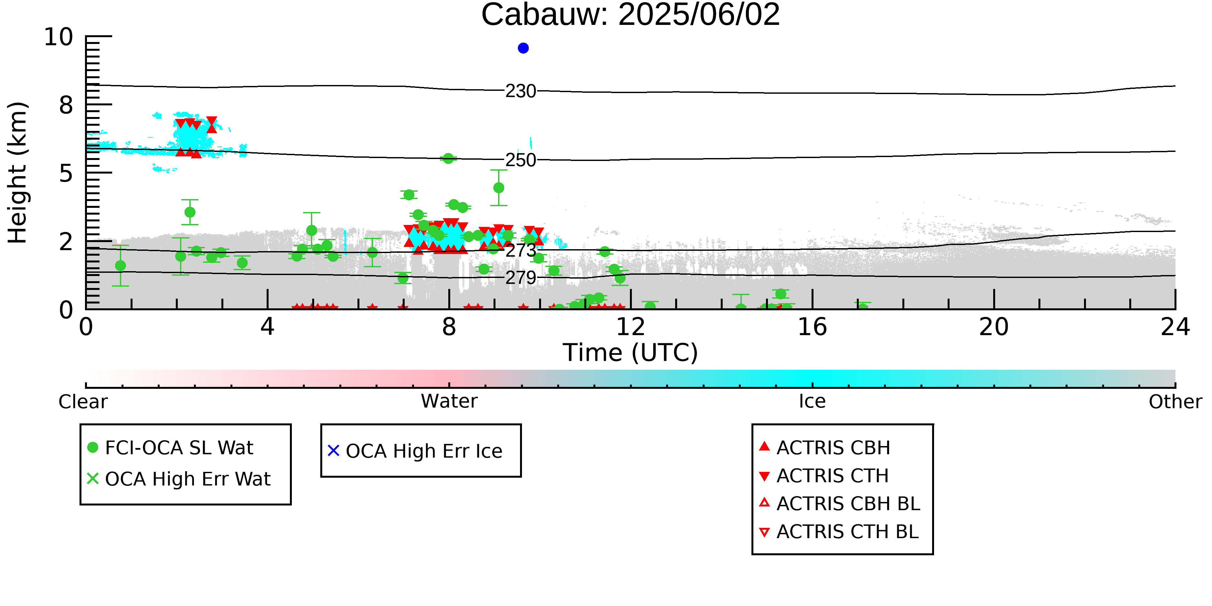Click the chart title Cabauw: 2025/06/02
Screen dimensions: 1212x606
(x=631, y=15)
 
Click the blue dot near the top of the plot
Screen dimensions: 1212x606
(x=523, y=48)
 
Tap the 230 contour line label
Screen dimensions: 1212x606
(x=521, y=91)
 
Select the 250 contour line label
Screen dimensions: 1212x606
(x=521, y=160)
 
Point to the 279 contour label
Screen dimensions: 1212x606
(x=521, y=278)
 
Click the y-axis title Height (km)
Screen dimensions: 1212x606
(x=17, y=173)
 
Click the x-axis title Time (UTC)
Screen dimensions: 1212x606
(x=631, y=352)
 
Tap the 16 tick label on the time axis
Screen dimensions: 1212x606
(x=813, y=327)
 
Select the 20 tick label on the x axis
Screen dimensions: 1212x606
(x=994, y=327)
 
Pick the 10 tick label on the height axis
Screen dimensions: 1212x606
(x=59, y=37)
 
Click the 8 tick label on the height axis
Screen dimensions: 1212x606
(x=66, y=105)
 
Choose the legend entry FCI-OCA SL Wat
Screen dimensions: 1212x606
(x=170, y=447)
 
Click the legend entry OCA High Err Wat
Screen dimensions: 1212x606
(x=179, y=479)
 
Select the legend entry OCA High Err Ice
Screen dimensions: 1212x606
(x=415, y=451)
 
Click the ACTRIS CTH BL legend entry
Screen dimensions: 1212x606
(x=839, y=532)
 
